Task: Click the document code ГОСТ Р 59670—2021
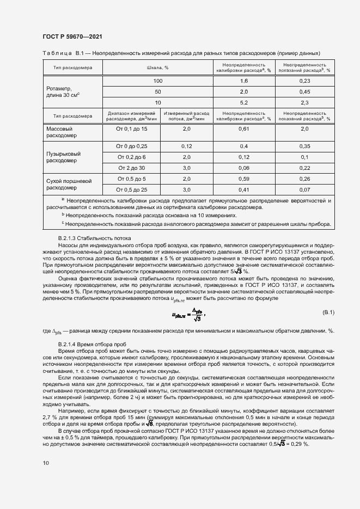(72, 36)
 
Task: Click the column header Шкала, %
(158, 68)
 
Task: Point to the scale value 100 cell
(158, 81)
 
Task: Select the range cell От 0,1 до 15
(132, 129)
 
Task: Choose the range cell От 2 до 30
(132, 168)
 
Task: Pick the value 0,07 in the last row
(305, 189)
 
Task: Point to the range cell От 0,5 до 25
(132, 189)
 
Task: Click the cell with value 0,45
(305, 91)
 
